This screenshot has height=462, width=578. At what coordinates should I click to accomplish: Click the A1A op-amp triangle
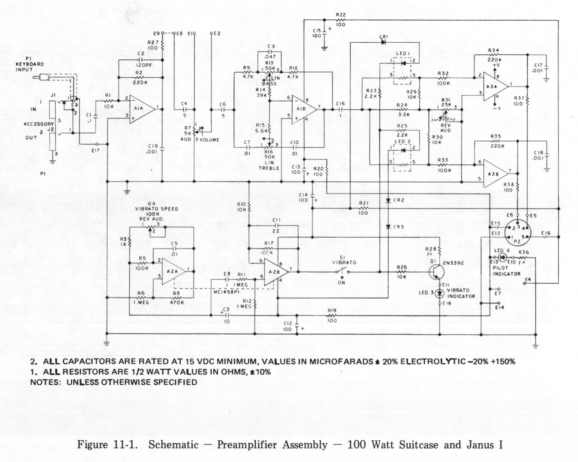point(142,109)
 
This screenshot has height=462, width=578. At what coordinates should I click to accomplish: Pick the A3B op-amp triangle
point(495,173)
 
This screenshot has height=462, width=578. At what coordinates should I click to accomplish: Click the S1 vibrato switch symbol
point(342,272)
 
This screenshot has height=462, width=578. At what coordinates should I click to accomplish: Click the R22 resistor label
point(341,15)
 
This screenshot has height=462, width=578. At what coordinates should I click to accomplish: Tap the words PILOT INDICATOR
point(506,271)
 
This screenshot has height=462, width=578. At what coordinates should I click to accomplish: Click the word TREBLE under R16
point(269,168)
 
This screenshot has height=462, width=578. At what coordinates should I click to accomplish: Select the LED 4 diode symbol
point(503,257)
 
